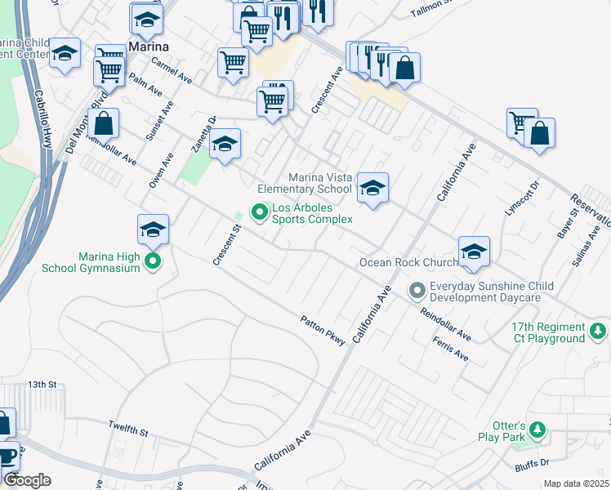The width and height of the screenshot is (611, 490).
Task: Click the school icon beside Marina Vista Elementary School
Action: pos(372,189)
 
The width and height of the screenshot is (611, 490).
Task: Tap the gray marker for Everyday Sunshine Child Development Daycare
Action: pos(417,291)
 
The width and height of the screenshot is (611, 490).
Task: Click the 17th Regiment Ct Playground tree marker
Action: pos(599,332)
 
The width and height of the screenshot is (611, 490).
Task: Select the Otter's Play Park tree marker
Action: pos(537,430)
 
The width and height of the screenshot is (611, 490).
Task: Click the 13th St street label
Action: pos(42,384)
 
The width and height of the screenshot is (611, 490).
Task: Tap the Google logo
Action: pos(27,480)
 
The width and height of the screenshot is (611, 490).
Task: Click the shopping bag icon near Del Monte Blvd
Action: pos(105,125)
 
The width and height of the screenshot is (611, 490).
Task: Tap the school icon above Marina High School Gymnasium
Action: pos(153,230)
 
